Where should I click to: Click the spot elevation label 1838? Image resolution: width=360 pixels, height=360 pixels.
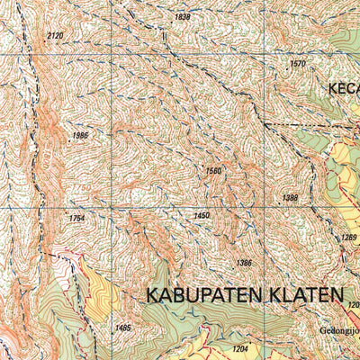tap(183, 17)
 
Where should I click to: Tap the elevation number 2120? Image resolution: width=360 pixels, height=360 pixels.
tap(55, 36)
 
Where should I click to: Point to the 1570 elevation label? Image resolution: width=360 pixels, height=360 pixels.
tap(298, 64)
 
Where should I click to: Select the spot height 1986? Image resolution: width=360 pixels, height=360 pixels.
tap(80, 135)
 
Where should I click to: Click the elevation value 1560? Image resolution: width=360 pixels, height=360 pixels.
tap(213, 170)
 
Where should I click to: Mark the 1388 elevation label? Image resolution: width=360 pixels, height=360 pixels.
tap(290, 198)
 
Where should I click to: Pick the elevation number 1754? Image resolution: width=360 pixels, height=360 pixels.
tap(76, 218)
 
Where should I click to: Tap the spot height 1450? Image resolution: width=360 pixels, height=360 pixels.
tap(202, 215)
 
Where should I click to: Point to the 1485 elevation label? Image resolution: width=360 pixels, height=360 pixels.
tap(123, 328)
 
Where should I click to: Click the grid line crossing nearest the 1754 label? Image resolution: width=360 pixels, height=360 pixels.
tap(112, 208)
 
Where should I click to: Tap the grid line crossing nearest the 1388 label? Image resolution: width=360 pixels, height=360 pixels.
tap(265, 208)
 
